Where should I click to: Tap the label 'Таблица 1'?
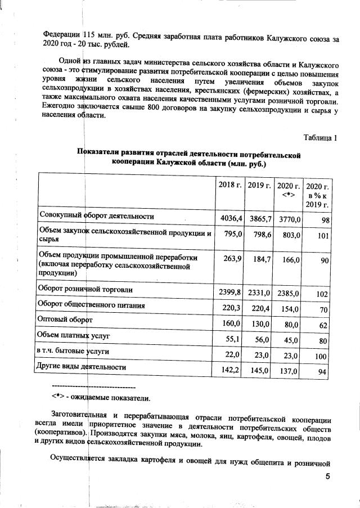(x=321, y=137)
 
